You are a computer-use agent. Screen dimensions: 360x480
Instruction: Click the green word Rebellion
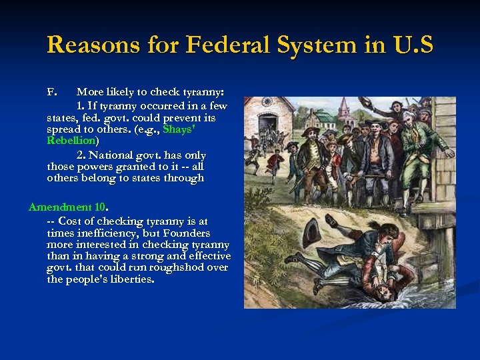point(71,141)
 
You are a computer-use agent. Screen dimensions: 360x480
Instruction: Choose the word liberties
point(126,279)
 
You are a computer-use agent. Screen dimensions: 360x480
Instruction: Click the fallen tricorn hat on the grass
point(311,233)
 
